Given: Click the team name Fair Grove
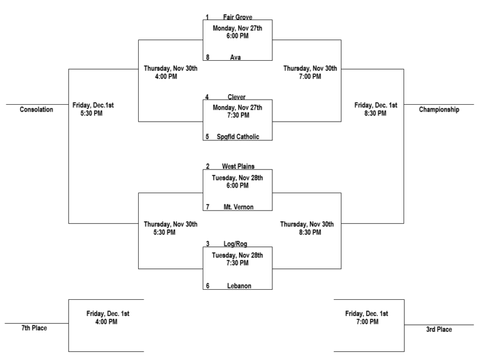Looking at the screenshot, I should [237, 17].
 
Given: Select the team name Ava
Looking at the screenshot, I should [235, 57].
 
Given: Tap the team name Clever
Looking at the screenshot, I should [237, 97].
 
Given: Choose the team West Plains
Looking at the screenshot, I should [237, 166].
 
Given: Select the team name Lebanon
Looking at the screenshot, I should [237, 285].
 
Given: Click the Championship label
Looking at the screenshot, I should [439, 110].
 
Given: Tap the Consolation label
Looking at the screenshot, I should [36, 110].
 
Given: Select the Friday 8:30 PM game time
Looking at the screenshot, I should [375, 110].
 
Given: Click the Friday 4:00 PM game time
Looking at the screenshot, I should [107, 317].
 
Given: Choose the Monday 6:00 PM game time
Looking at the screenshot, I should [237, 33].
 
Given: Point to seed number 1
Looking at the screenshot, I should [207, 17].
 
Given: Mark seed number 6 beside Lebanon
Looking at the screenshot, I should [207, 285].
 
